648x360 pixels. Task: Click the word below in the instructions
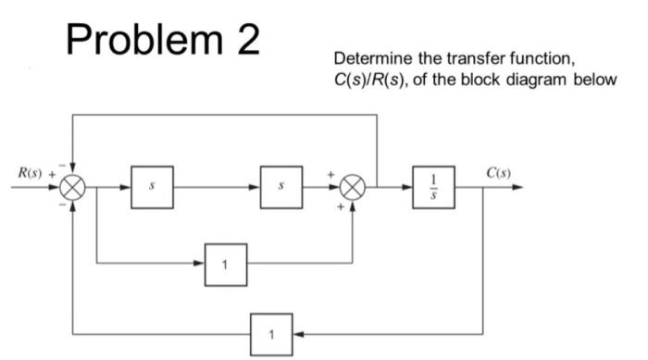coord(593,79)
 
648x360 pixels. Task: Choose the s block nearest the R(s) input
coord(152,186)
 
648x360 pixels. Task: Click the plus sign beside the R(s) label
coord(52,173)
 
